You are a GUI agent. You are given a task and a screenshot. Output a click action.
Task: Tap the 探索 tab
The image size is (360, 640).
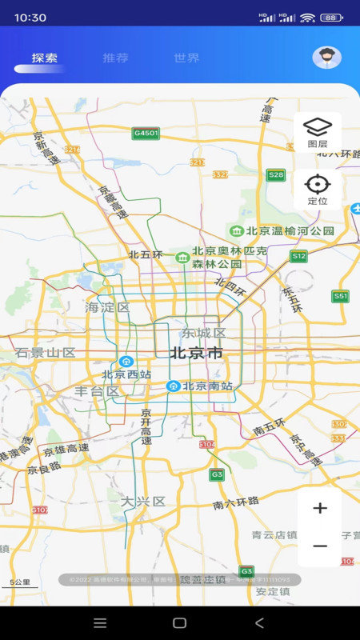[45, 58]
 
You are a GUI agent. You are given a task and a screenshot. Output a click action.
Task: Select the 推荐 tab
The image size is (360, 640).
[115, 58]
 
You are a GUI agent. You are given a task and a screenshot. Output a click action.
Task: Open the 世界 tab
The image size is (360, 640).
[186, 58]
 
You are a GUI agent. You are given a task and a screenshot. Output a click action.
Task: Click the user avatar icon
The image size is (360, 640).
[326, 57]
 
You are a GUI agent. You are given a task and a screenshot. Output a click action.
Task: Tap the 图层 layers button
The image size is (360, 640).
[318, 132]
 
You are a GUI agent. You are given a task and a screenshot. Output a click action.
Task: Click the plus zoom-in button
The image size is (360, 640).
[320, 508]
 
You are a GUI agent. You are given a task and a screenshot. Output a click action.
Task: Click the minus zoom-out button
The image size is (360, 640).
[320, 546]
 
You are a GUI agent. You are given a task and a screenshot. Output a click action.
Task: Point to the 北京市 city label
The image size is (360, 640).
[196, 353]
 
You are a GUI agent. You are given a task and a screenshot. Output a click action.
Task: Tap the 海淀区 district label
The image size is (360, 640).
[107, 307]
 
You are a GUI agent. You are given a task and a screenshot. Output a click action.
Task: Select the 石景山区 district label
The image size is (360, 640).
[45, 353]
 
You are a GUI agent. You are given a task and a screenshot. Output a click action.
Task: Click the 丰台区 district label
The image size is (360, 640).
[97, 391]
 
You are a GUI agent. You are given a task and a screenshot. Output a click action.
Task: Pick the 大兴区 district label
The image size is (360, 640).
[142, 502]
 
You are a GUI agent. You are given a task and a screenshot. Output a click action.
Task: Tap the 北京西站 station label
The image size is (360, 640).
[126, 374]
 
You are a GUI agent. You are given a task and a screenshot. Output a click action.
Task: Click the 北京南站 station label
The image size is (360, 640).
[207, 386]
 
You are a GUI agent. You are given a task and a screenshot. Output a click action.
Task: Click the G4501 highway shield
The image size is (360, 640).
[146, 133]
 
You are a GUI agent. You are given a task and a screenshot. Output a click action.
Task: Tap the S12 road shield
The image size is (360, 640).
[298, 256]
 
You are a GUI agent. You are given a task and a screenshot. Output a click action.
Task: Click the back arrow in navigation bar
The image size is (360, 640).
[258, 622]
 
